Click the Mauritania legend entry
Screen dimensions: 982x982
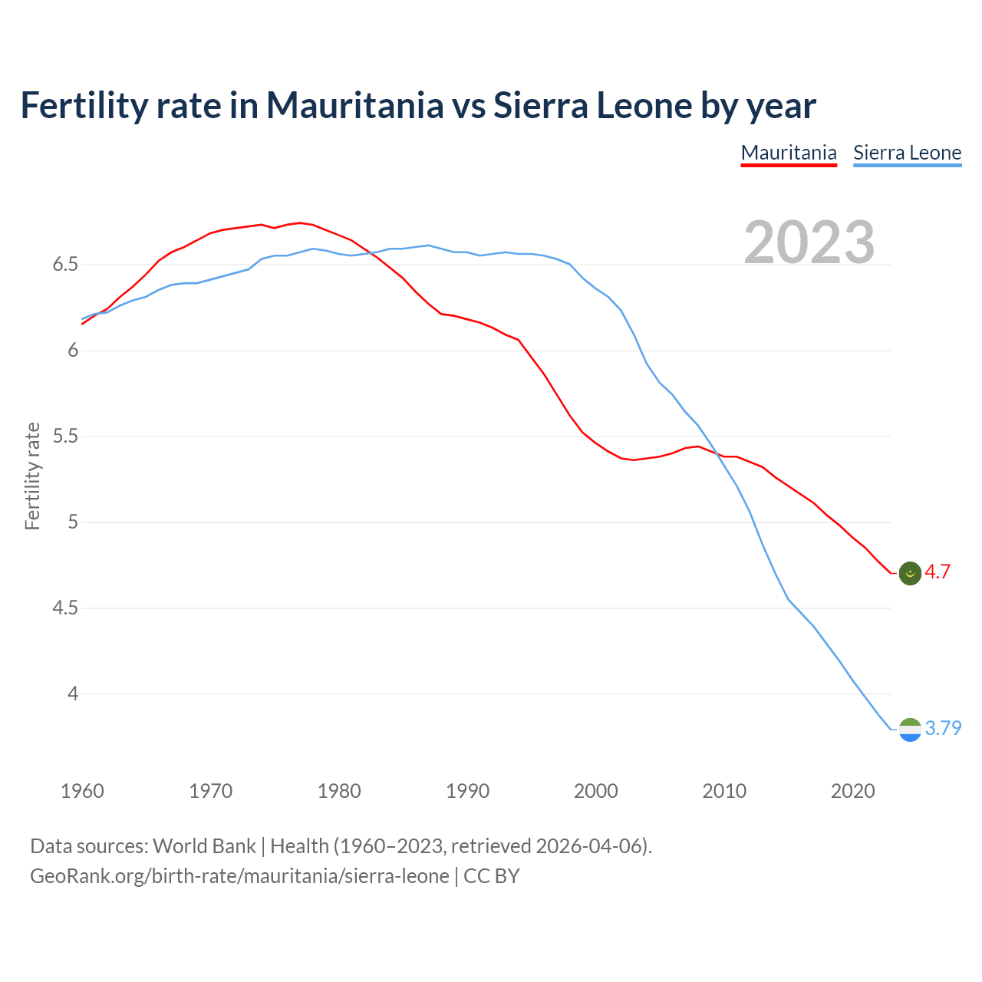point(789,153)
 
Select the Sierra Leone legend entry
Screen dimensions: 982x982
point(907,153)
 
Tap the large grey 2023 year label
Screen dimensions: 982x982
point(809,242)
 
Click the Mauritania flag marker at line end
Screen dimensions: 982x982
point(910,573)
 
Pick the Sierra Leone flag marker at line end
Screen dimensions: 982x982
point(910,729)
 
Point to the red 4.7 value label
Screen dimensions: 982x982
point(938,572)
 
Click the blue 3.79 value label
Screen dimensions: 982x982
point(943,728)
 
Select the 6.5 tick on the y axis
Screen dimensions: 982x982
point(65,265)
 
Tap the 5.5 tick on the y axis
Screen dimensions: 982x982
point(65,437)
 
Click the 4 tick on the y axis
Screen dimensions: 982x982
point(73,694)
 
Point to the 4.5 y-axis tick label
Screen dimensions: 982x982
point(65,608)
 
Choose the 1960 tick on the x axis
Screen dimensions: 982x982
point(82,791)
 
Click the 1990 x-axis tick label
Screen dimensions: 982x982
point(467,791)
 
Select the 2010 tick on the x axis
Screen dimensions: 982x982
point(724,791)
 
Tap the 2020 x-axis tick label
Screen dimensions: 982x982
point(852,791)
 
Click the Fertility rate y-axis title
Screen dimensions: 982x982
point(32,476)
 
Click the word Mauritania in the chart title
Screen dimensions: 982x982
point(354,105)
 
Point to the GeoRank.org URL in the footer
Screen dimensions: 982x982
point(239,876)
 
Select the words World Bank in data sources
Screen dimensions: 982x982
point(204,846)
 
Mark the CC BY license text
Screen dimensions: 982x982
point(492,876)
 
